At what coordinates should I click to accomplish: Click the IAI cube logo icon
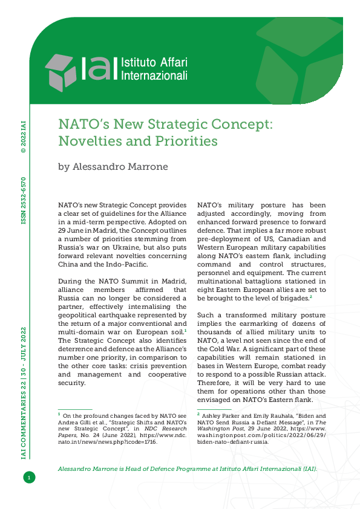(61, 71)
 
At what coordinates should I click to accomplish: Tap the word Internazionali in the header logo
(154, 76)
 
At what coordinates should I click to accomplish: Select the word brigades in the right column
(290, 298)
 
